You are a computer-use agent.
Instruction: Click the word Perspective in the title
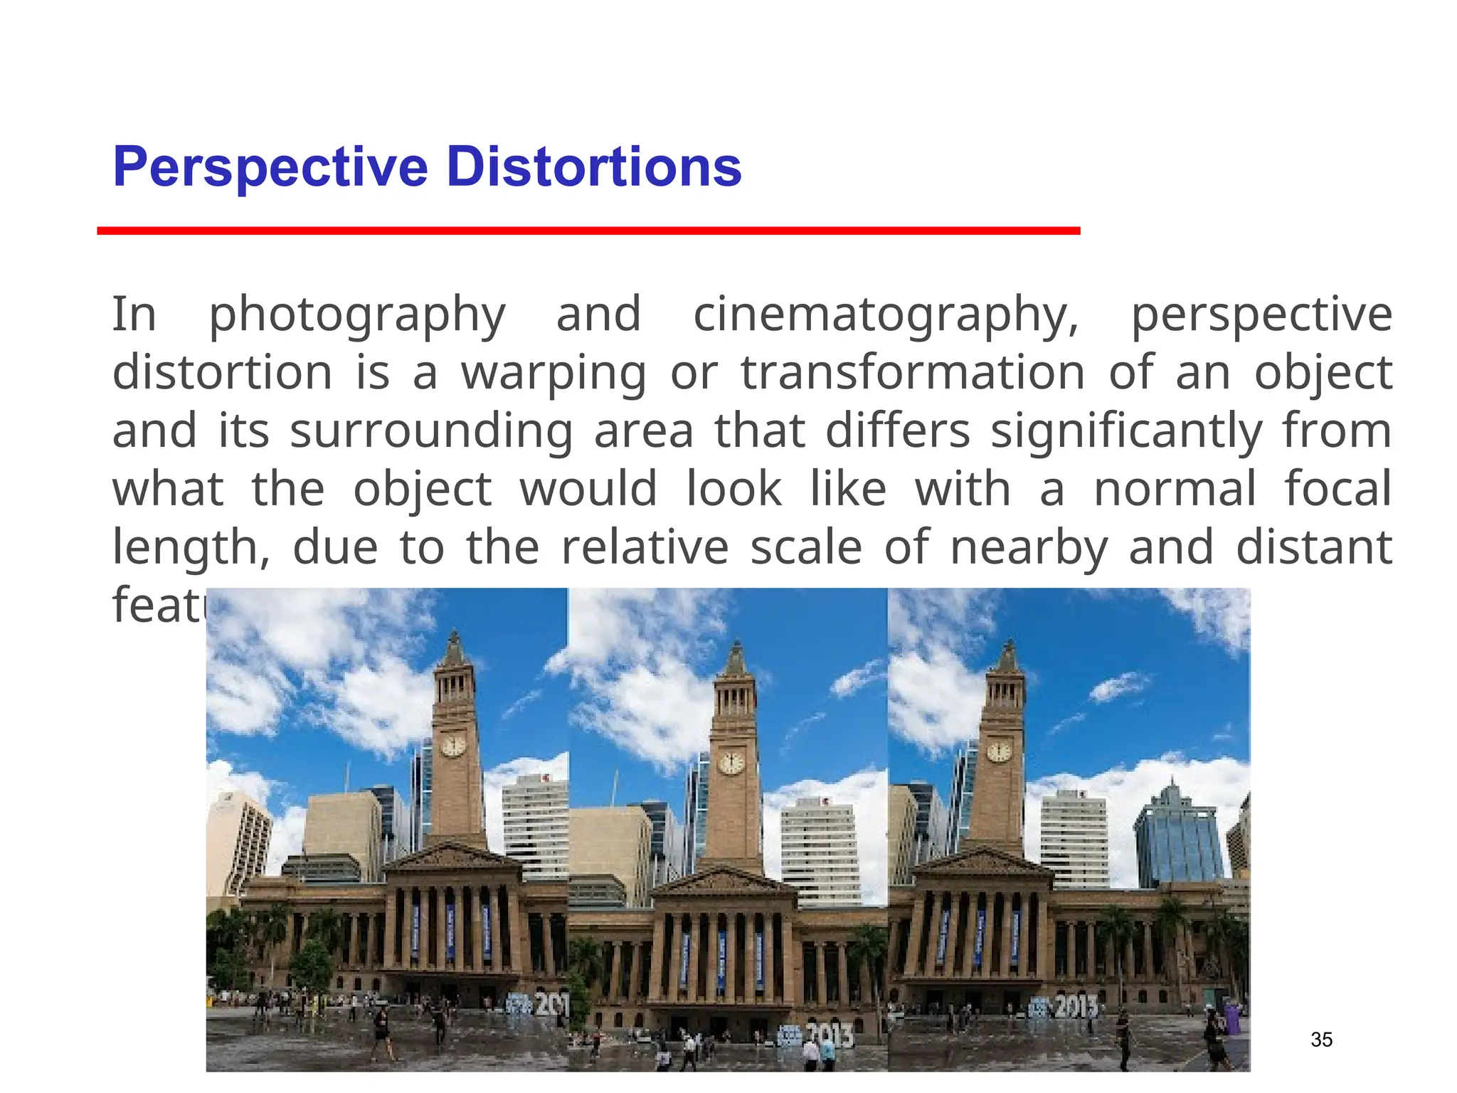[270, 168]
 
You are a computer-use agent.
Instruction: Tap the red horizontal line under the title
[588, 231]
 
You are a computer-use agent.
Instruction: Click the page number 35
[1321, 1040]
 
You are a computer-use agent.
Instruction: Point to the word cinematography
[886, 315]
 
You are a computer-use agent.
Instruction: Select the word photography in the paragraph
[357, 315]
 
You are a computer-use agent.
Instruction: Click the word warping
[554, 373]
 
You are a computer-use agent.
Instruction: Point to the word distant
[1313, 546]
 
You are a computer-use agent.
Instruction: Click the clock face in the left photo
[453, 746]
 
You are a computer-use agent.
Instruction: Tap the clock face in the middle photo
[732, 764]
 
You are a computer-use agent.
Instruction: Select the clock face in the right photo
[1000, 751]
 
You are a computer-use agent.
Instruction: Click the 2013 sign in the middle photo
[831, 1035]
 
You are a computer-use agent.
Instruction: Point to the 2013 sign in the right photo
[1074, 1007]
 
